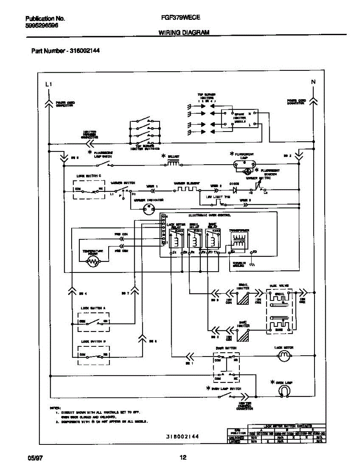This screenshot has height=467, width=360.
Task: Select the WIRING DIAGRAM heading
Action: pos(184,33)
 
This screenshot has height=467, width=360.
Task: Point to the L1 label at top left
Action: pos(48,84)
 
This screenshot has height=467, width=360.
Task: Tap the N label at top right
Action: pos(313,82)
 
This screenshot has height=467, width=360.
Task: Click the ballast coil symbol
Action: pos(173,163)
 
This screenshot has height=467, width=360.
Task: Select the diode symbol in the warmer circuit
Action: pos(235,191)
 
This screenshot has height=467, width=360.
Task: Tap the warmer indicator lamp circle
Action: pos(148,209)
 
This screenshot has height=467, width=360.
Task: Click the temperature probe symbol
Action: pos(93,263)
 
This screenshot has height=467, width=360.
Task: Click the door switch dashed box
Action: pos(226,367)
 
